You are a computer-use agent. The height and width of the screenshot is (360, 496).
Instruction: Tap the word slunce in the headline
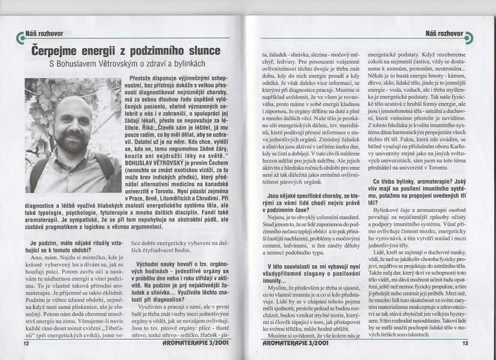click(x=199, y=52)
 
